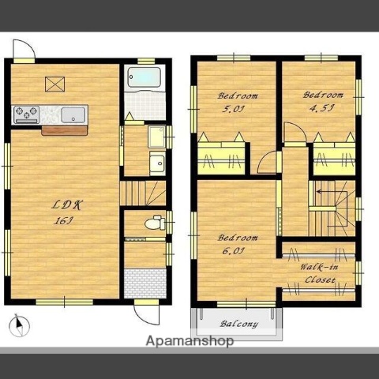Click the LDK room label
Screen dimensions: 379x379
(x=67, y=205)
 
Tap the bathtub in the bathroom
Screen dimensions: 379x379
(x=144, y=77)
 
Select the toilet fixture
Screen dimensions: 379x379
(x=155, y=223)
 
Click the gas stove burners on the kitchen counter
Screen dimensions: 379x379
(x=26, y=114)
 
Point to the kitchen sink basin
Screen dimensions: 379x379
(x=73, y=115)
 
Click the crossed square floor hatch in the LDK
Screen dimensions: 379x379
(x=54, y=84)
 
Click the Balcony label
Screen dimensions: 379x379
(x=239, y=324)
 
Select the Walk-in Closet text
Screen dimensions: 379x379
(x=320, y=273)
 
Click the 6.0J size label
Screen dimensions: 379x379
(x=234, y=251)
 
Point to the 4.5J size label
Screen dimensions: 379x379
(x=321, y=108)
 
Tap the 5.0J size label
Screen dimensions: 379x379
(x=233, y=109)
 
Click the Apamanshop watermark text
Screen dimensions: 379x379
(x=189, y=341)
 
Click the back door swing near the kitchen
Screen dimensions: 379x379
(x=24, y=49)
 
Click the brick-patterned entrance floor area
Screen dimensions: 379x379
(x=145, y=283)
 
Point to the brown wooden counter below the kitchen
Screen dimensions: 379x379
(x=65, y=130)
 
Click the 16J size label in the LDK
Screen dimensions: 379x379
(x=63, y=220)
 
